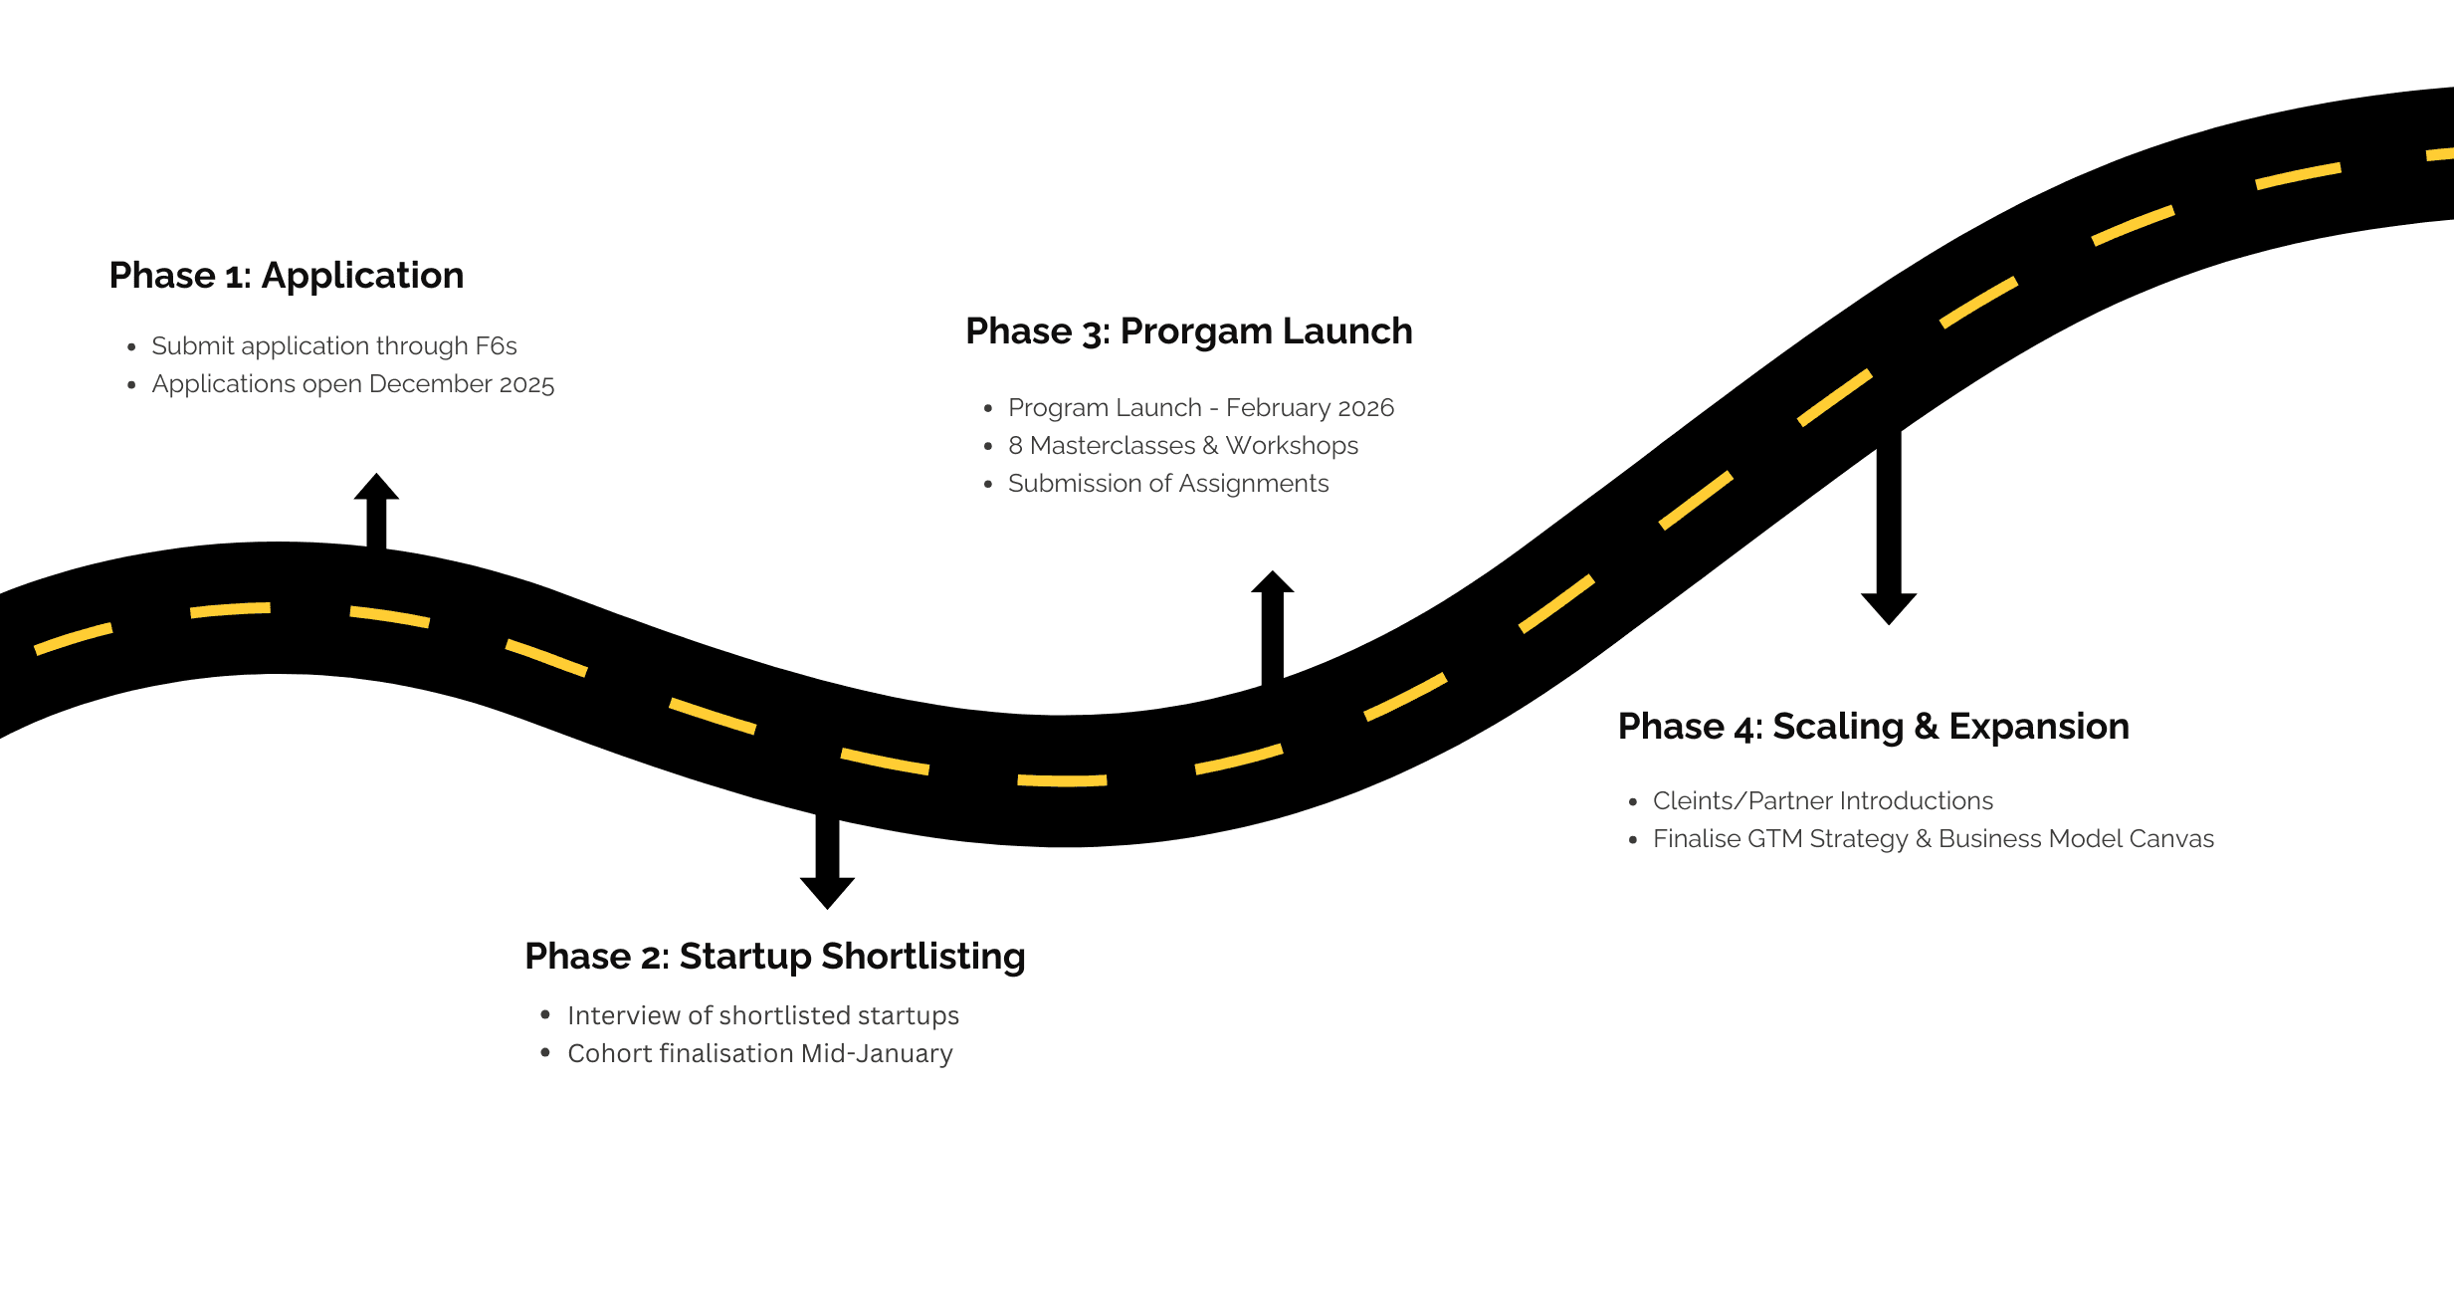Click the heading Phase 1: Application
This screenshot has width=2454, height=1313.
(x=287, y=276)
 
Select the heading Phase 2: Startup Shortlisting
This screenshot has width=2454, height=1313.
(x=774, y=957)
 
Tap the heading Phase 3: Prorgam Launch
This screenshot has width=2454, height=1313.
(x=1188, y=331)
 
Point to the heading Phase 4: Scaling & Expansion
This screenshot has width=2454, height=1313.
(x=1873, y=727)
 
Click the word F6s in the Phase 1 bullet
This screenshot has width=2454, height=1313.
(x=496, y=346)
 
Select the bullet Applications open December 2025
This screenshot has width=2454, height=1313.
(x=352, y=384)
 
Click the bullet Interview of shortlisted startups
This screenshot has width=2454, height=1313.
(x=762, y=1015)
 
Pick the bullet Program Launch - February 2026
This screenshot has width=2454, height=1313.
(x=1200, y=408)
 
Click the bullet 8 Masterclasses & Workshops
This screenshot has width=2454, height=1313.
(x=1182, y=446)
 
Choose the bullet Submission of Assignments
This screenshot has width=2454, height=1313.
(x=1167, y=484)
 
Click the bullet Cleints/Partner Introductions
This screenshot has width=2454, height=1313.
(x=1822, y=801)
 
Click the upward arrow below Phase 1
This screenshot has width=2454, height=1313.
(x=376, y=509)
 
